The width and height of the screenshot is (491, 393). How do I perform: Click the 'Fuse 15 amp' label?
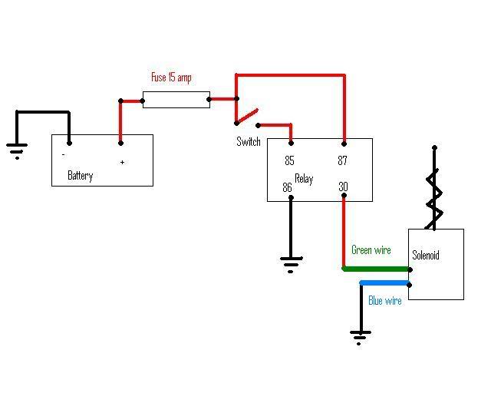click(171, 78)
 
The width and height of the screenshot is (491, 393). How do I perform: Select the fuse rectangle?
click(176, 100)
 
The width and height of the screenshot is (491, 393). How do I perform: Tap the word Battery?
click(80, 176)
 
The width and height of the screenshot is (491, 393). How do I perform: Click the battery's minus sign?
click(64, 154)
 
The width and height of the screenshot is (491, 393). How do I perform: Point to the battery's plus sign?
click(122, 162)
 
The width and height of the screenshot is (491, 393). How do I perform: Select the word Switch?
click(249, 142)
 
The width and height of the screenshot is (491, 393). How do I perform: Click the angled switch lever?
click(247, 116)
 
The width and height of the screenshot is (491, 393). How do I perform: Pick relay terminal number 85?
click(289, 160)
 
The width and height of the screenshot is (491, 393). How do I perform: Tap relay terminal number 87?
click(342, 160)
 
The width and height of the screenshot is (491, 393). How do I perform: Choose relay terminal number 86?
click(287, 187)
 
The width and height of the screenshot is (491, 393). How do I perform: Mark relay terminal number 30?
click(343, 187)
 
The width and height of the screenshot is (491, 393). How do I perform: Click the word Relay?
click(304, 179)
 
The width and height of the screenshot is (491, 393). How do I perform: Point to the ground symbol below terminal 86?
click(291, 265)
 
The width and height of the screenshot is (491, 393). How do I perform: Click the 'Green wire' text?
click(371, 249)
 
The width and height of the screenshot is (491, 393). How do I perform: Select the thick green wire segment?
click(376, 269)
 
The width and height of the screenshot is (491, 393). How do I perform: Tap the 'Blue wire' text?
click(385, 301)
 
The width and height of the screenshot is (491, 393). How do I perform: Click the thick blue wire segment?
click(385, 283)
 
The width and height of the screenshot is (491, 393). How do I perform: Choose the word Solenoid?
click(426, 255)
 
